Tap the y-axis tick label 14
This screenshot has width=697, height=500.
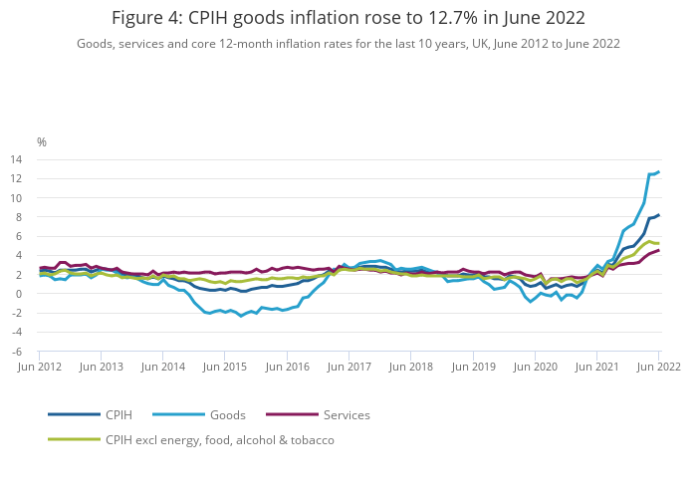tap(17, 159)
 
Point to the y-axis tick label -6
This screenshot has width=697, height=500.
tap(17, 352)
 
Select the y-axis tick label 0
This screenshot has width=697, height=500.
tap(19, 294)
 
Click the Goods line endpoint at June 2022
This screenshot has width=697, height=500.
tap(658, 171)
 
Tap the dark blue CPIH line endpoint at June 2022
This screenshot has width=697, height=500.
tap(658, 215)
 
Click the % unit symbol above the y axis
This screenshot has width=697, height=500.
tap(42, 142)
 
